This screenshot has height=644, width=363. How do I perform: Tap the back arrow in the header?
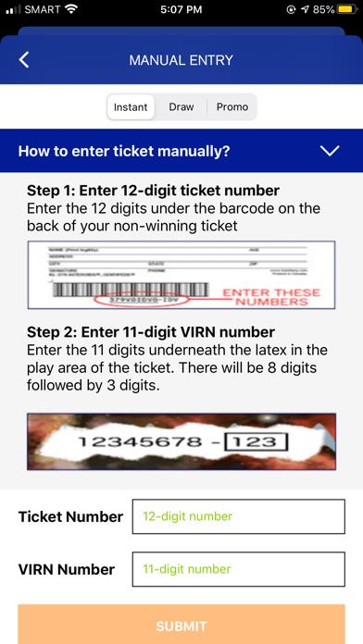(x=24, y=61)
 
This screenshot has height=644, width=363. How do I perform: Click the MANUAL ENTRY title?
(x=181, y=61)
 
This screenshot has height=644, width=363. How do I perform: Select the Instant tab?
(x=131, y=107)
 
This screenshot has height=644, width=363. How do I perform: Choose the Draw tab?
(x=181, y=107)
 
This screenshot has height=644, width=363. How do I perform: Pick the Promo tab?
(x=232, y=107)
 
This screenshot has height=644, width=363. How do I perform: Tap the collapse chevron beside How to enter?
(x=329, y=151)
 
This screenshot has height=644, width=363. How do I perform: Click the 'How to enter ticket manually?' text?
(x=124, y=151)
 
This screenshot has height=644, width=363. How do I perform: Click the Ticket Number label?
(x=70, y=516)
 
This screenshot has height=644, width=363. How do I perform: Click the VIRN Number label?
(x=67, y=569)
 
